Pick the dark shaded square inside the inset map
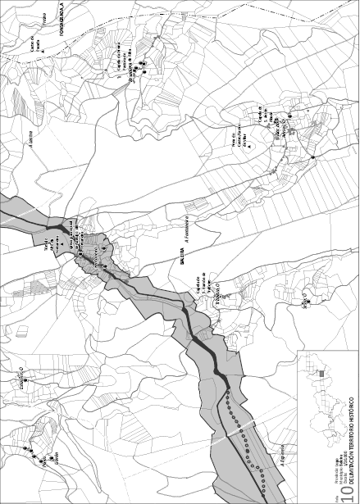click(321, 374)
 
